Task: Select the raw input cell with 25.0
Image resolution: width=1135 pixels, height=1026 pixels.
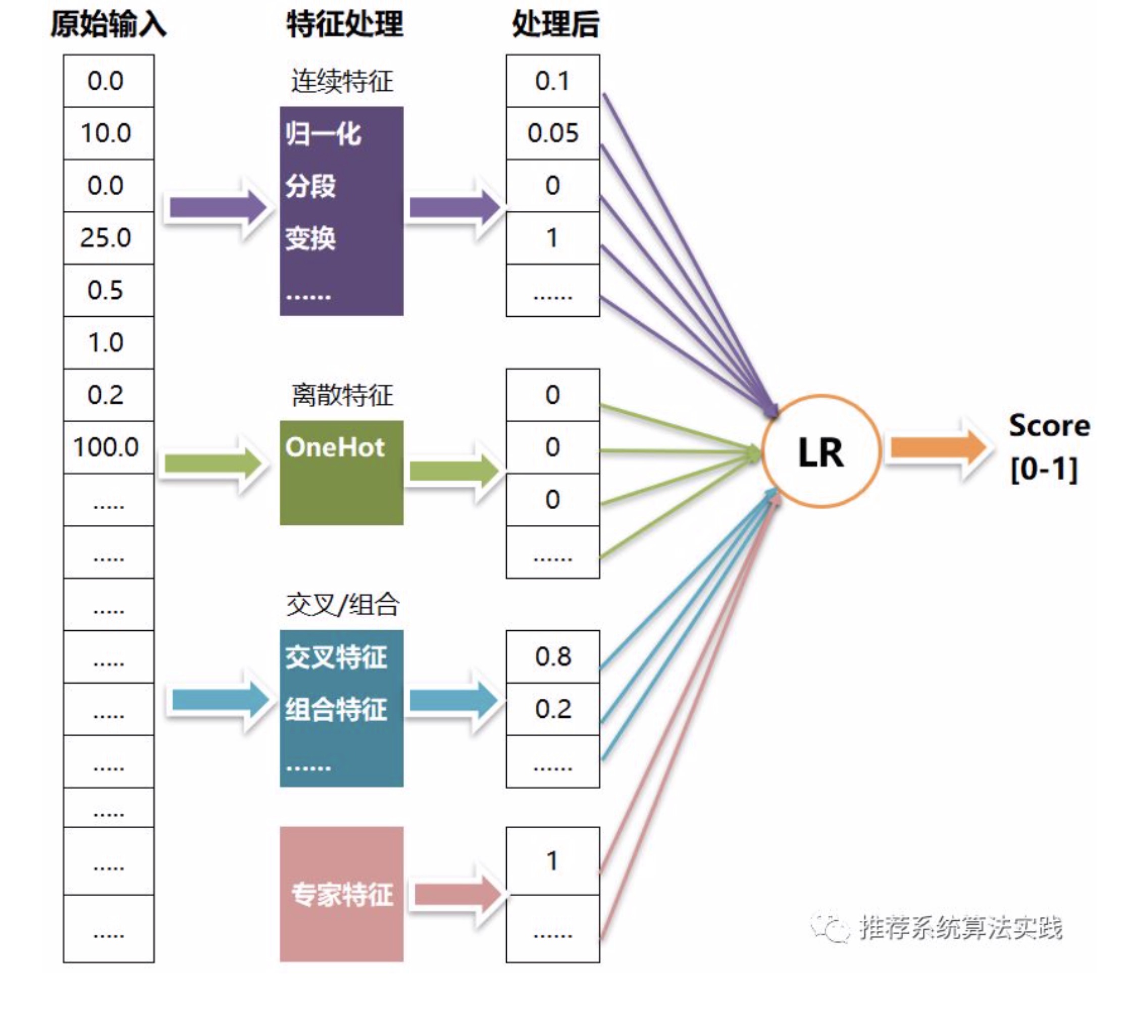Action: coord(108,238)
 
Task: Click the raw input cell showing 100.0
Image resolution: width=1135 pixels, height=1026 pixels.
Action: coord(108,448)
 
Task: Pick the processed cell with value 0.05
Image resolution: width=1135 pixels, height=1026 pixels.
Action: coord(552,133)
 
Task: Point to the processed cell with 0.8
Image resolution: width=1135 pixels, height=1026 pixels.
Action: coord(552,656)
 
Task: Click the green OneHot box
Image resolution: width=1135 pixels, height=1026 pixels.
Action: coord(341,473)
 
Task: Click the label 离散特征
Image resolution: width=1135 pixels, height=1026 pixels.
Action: coord(342,395)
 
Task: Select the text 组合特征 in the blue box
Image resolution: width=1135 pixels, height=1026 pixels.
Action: coord(336,709)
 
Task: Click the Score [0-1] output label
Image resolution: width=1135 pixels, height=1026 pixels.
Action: coord(1049,448)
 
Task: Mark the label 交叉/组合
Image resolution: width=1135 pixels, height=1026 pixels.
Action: coord(342,605)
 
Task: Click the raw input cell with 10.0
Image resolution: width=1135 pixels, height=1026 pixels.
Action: coord(108,133)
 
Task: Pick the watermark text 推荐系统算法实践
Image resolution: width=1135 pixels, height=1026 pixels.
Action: coord(960,928)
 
